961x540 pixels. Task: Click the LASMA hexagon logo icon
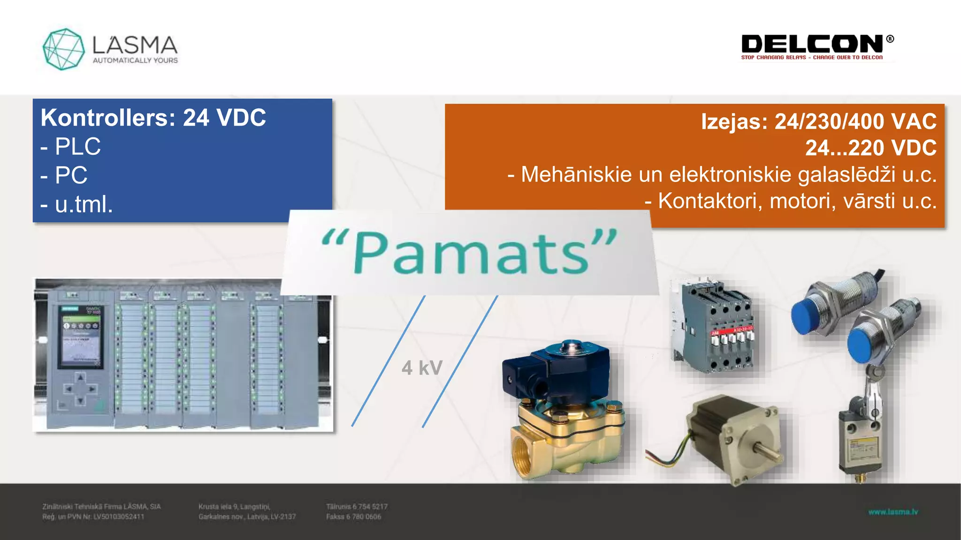pyautogui.click(x=63, y=49)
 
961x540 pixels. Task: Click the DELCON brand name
pyautogui.click(x=812, y=44)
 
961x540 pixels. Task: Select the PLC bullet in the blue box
pyautogui.click(x=77, y=147)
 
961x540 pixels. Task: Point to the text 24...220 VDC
pyautogui.click(x=870, y=148)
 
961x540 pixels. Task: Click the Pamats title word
pyautogui.click(x=469, y=253)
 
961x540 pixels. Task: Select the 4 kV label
pyautogui.click(x=422, y=368)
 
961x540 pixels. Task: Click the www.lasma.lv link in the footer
pyautogui.click(x=892, y=512)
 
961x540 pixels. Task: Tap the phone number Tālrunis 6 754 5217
pyautogui.click(x=357, y=507)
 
